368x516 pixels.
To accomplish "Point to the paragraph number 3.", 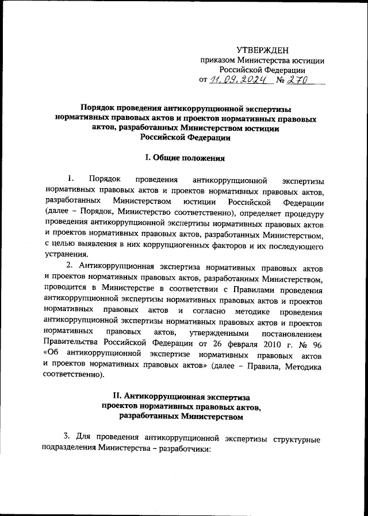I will pyautogui.click(x=66, y=439).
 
